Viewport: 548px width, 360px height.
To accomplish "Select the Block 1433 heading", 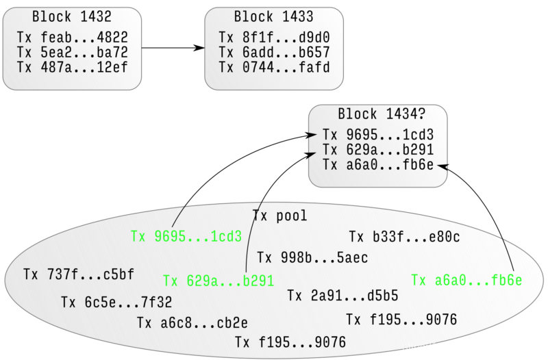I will point(273,17).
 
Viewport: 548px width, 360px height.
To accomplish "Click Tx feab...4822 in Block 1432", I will point(72,38).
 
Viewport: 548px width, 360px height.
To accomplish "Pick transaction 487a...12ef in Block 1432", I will point(72,68).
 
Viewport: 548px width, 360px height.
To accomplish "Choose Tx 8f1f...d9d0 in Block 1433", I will point(274,38).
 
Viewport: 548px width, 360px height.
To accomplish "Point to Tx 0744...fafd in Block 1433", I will point(274,68).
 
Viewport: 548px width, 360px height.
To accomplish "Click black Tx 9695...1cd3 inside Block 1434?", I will point(377,135).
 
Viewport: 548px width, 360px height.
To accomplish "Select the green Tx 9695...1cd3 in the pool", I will point(186,237).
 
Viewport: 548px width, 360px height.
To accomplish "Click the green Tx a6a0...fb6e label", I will point(466,281).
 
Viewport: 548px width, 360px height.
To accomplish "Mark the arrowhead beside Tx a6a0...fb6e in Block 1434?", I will point(443,166).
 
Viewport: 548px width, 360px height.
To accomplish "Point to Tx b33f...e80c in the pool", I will point(404,237).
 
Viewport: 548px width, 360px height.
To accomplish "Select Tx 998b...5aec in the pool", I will point(312,258).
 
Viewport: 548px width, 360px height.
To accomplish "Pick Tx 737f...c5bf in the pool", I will point(78,274).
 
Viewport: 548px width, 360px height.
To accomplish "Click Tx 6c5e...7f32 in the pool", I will point(116,302).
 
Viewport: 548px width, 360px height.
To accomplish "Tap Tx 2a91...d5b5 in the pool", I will point(342,296).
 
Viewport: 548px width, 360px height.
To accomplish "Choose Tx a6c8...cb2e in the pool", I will point(192,323).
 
